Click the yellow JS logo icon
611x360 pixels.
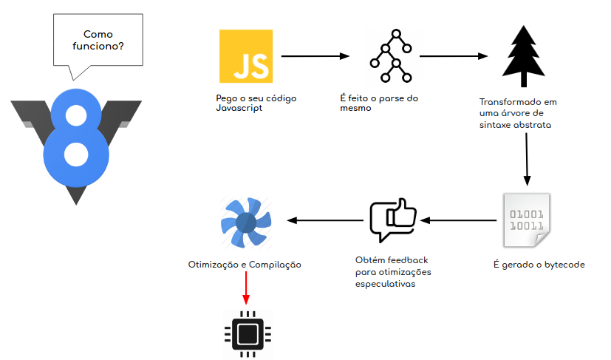pos(245,56)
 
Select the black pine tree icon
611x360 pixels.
pos(525,51)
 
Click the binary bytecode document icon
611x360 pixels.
pos(525,220)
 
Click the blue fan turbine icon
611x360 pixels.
pos(245,221)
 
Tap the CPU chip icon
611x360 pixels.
pos(248,334)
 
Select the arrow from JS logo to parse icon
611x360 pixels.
pos(315,55)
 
